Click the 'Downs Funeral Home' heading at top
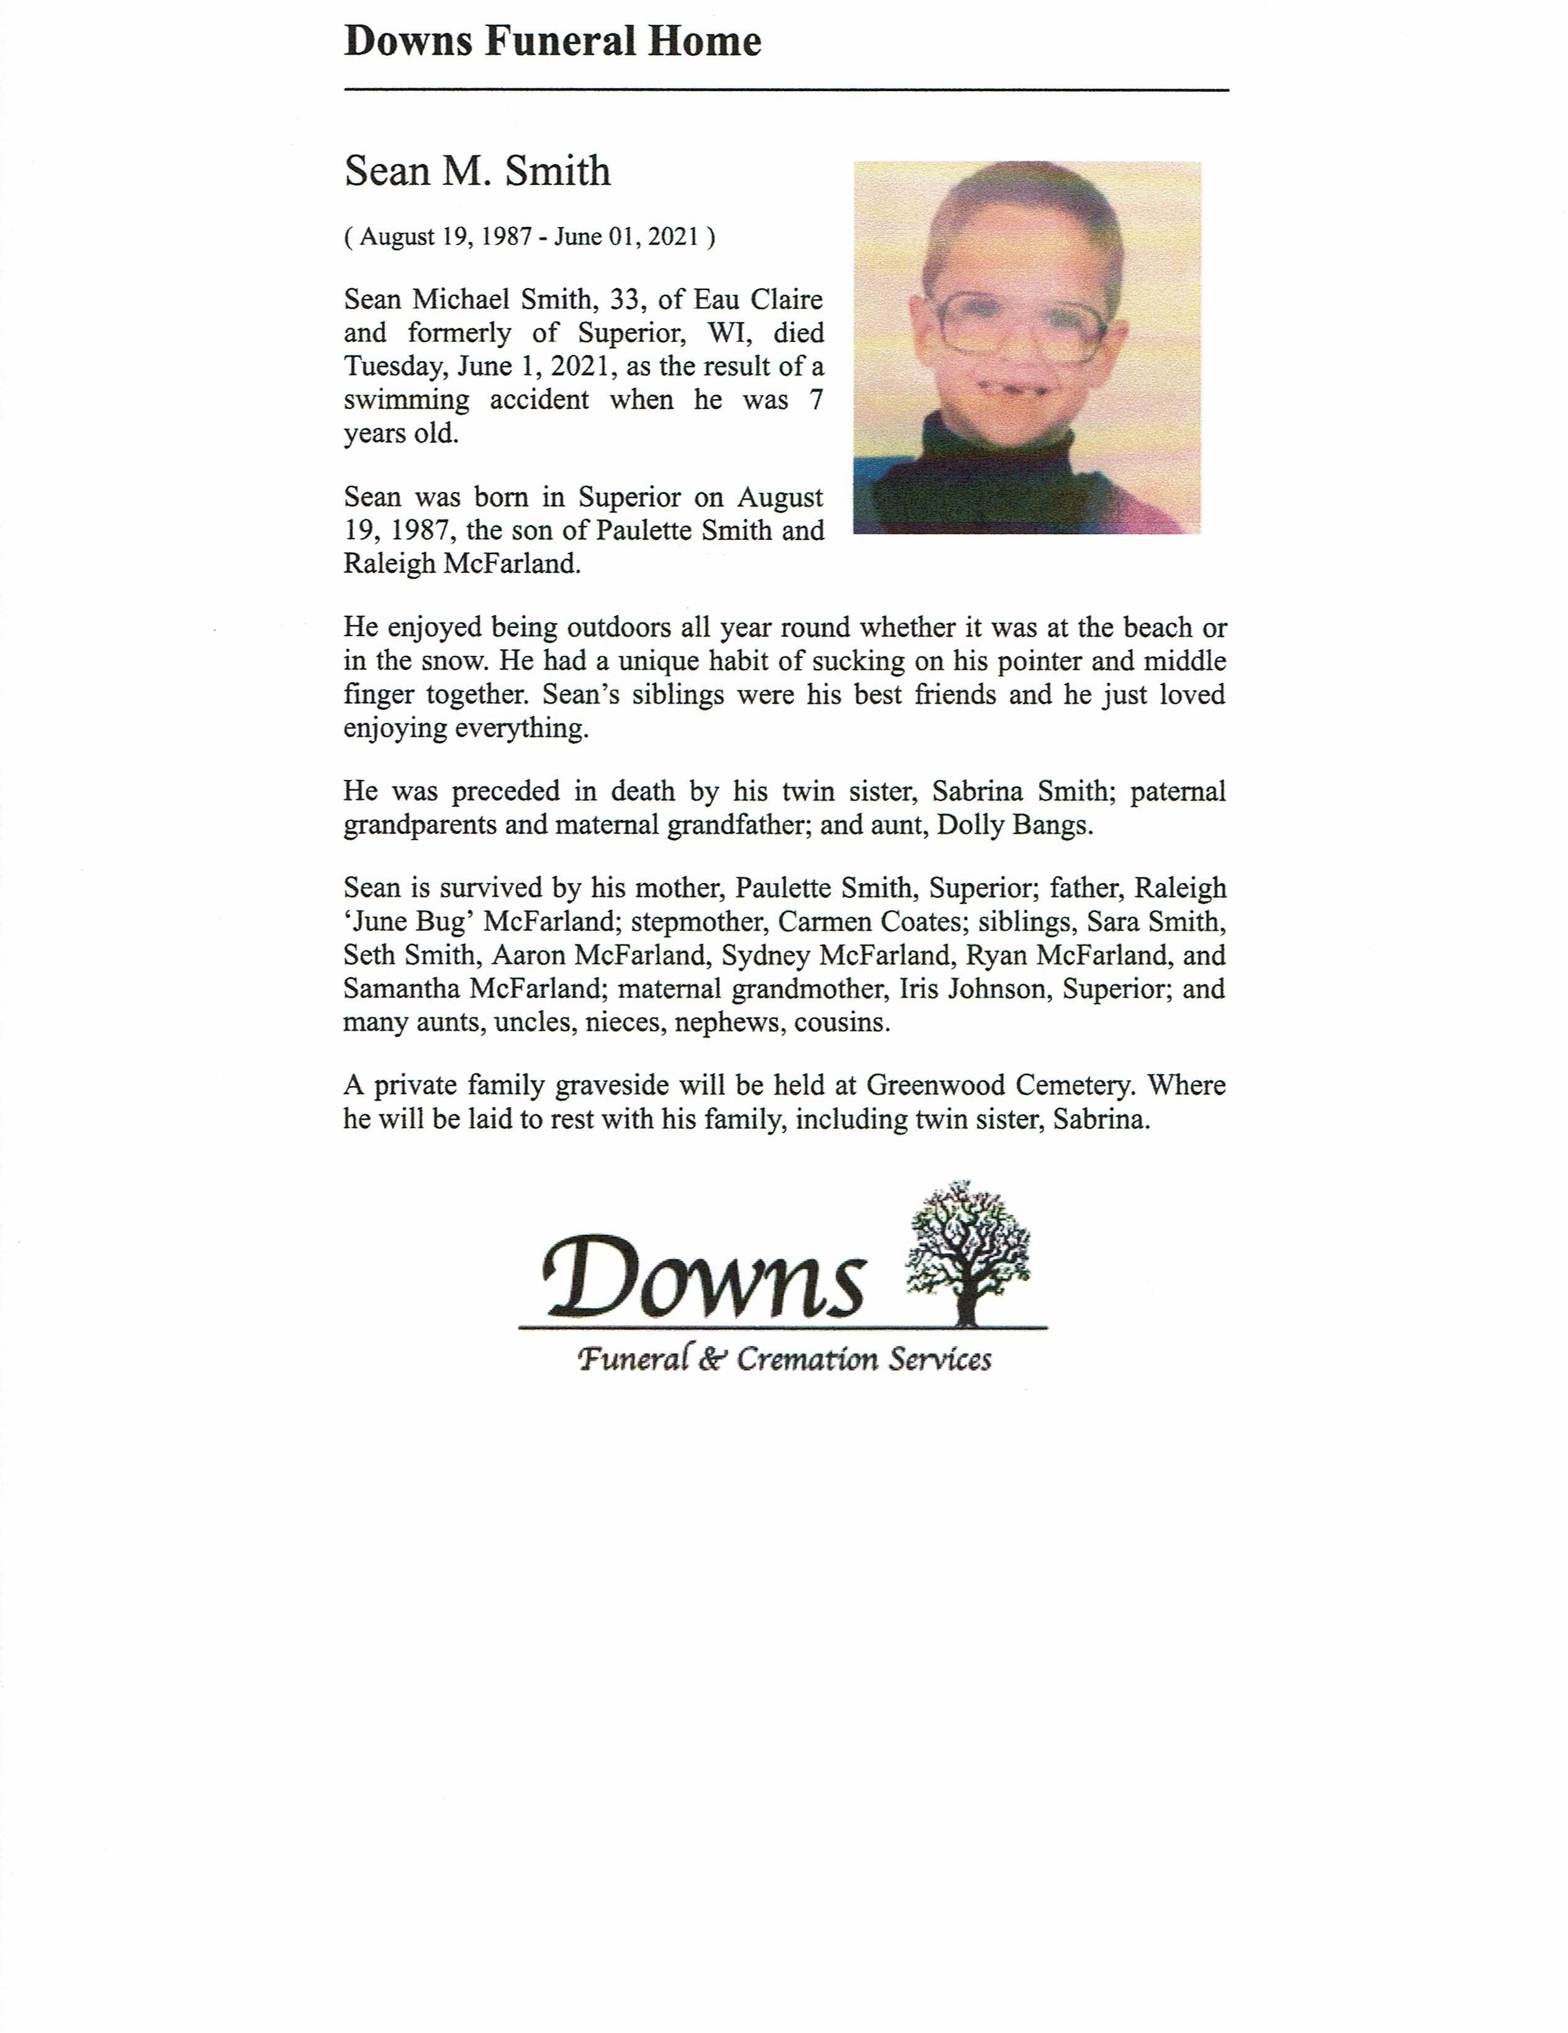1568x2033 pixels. coord(552,43)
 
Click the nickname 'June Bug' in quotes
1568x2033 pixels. coord(410,922)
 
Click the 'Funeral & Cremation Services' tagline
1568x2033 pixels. coord(784,1360)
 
